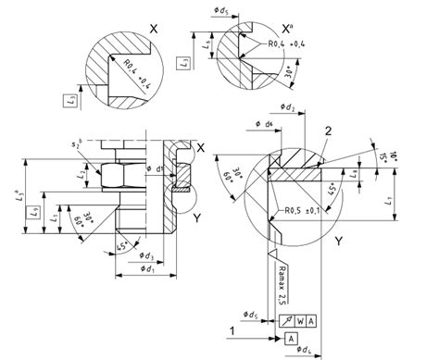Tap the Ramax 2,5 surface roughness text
click(281, 279)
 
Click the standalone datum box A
click(290, 340)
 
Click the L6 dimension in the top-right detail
click(207, 43)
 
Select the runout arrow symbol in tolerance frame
click(287, 320)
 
